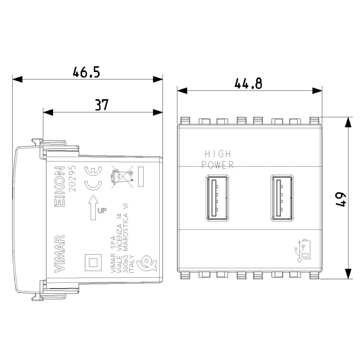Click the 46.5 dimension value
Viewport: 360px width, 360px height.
tap(86, 72)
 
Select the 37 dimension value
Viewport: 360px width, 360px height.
tap(101, 105)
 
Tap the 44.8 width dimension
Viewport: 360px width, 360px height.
tap(248, 84)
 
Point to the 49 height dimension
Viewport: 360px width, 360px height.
tap(342, 198)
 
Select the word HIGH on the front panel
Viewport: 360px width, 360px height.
tap(217, 154)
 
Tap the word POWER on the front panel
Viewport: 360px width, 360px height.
tap(217, 165)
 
